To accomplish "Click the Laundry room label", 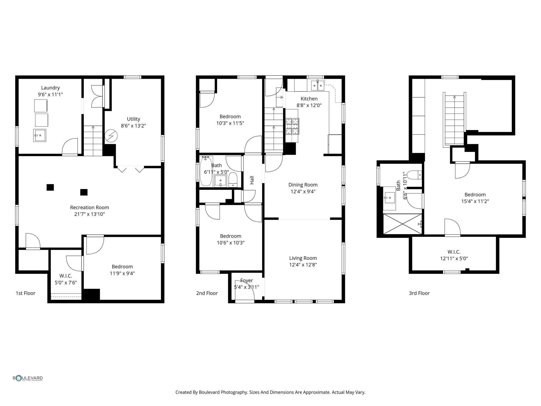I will [50, 88].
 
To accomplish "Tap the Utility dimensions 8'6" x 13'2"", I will [133, 126].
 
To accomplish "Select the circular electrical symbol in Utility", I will [111, 136].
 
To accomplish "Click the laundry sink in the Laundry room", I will [40, 135].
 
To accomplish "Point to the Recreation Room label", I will [89, 207].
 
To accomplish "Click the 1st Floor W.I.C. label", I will [66, 276].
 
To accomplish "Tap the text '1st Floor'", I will [25, 293].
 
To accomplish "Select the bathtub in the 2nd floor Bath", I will [206, 171].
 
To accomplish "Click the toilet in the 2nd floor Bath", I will [233, 179].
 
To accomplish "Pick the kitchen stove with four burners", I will [292, 126].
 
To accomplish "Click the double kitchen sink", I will [317, 86].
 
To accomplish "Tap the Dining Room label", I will [303, 185].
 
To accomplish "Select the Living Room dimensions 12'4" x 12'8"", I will [303, 265].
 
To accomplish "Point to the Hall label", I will [252, 180].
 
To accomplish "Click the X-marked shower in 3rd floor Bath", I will [402, 224].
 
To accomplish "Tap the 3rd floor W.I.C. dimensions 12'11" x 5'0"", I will [454, 259].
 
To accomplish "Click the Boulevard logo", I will [28, 378].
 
